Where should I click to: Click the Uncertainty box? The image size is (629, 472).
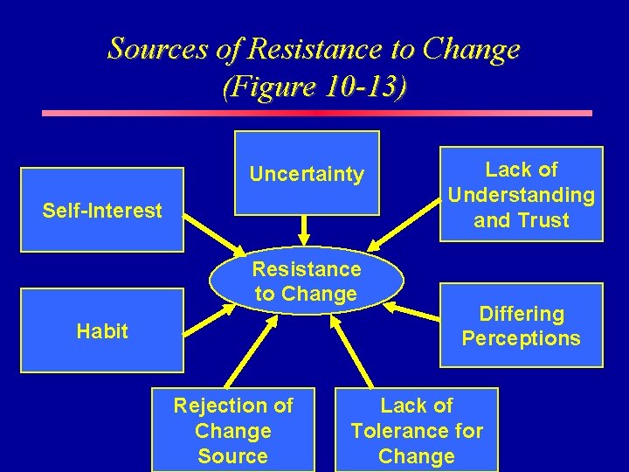click(307, 173)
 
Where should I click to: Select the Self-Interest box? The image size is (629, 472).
click(102, 210)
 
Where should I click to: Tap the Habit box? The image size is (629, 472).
click(102, 330)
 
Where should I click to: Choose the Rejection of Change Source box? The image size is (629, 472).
click(233, 430)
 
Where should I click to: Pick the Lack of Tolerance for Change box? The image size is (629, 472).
click(417, 430)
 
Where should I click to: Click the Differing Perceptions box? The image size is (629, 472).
click(521, 325)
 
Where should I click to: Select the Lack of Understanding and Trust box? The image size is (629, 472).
click(521, 194)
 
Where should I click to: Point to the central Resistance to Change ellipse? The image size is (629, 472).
click(307, 281)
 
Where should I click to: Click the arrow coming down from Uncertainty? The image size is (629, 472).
click(305, 229)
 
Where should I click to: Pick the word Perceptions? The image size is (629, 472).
click(521, 338)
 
